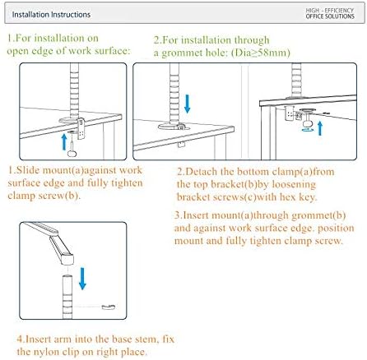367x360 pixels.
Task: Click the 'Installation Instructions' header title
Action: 51,15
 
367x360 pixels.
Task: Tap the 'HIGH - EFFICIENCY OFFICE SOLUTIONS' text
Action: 330,13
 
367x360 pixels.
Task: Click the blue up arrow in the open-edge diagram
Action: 64,141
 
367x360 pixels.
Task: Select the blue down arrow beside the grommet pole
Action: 188,104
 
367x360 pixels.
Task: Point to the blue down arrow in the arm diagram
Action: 82,279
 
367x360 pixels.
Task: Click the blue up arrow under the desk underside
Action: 320,128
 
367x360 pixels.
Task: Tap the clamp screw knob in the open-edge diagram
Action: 72,153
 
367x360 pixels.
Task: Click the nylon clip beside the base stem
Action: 109,307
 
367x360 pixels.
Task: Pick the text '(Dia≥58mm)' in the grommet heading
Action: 261,53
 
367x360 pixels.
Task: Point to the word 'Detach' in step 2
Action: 202,172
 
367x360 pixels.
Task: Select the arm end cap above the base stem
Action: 67,259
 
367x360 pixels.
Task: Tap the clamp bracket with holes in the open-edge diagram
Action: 81,128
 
